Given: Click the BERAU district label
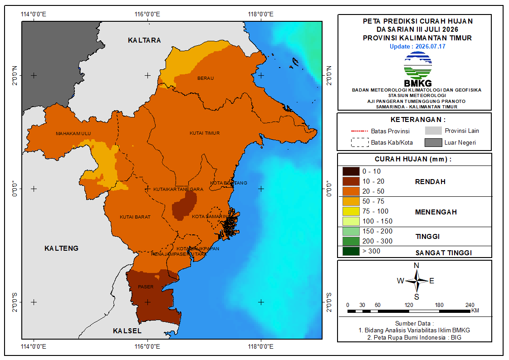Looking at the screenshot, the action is tap(206, 78).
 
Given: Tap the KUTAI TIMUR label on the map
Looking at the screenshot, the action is tap(205, 133).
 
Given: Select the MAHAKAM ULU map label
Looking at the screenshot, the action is tap(73, 133).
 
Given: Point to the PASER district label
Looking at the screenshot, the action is tap(146, 287).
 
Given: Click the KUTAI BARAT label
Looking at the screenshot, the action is tap(135, 217).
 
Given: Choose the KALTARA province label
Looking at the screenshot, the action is tap(144, 40).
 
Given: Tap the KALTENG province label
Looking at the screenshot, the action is tap(61, 248).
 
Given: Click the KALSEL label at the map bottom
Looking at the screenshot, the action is tap(127, 331).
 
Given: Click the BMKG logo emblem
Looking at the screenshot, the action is tap(418, 66).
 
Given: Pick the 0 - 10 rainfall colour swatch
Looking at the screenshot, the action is tap(351, 171).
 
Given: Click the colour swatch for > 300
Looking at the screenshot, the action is tap(351, 251).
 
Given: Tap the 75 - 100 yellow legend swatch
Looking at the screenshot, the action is tap(351, 211).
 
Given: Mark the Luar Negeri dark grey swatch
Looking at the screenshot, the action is tap(433, 142).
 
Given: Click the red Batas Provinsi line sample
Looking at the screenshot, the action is tap(359, 131).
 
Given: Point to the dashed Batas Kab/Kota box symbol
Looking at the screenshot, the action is tap(360, 142).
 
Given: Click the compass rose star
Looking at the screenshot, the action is tap(417, 281).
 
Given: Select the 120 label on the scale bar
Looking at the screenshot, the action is tap(409, 305).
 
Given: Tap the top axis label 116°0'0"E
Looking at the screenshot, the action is tap(147, 14).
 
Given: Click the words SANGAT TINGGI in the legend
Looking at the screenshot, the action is tap(443, 253).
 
